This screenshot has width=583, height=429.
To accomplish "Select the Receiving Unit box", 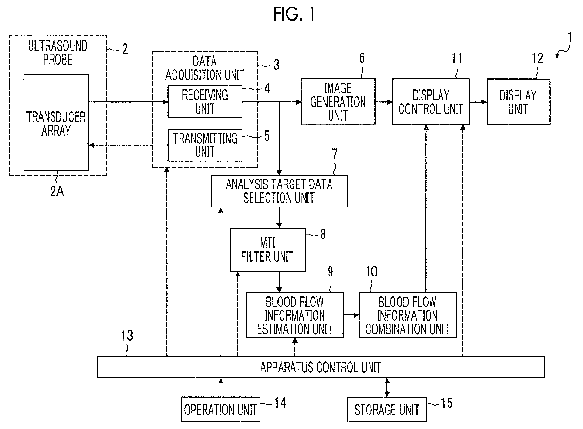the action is click(x=205, y=101).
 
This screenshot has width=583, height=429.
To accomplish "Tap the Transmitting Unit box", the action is click(x=205, y=145).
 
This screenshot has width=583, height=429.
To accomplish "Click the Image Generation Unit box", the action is click(x=338, y=101).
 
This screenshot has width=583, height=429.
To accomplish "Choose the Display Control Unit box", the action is click(x=431, y=101).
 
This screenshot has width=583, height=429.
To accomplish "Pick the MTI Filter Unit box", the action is click(x=268, y=250).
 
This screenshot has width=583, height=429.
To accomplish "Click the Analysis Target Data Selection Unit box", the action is click(x=279, y=191).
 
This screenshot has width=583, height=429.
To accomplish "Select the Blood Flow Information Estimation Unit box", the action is click(x=295, y=315).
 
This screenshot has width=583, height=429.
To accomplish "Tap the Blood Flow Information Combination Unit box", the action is click(x=408, y=315).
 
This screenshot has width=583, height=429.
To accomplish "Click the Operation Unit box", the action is click(x=221, y=409).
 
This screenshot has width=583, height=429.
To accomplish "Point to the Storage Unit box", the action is click(x=387, y=409).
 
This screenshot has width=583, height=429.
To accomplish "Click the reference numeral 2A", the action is click(x=57, y=192).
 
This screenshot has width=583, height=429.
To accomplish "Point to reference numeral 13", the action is click(x=127, y=336).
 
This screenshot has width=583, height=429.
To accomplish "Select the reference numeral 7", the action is click(x=334, y=154).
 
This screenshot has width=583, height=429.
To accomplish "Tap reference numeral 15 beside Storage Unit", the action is click(x=447, y=403).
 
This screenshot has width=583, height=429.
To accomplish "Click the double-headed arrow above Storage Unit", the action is click(x=387, y=387).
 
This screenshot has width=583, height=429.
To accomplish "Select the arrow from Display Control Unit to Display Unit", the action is click(x=478, y=102).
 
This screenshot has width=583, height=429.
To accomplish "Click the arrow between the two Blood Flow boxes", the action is click(x=351, y=315).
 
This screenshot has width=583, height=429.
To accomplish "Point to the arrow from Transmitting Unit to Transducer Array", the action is click(x=128, y=145).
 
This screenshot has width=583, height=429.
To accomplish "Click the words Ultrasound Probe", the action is click(x=57, y=53).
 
